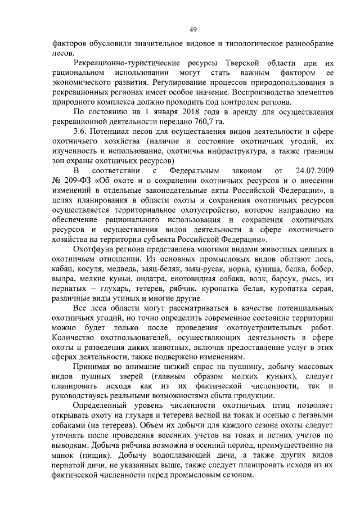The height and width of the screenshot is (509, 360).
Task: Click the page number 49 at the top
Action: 192,30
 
